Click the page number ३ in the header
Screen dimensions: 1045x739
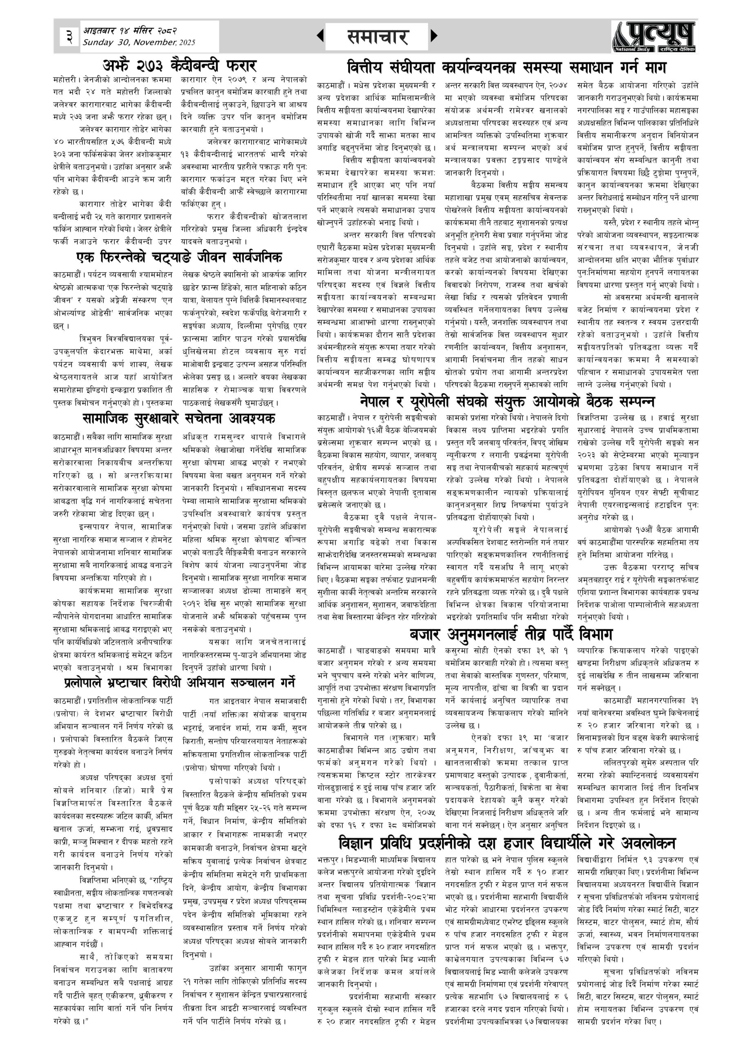(x=69, y=36)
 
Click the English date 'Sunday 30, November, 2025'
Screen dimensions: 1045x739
(x=138, y=42)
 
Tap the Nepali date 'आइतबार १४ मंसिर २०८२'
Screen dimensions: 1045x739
(x=130, y=31)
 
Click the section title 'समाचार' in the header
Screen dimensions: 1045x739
(x=377, y=37)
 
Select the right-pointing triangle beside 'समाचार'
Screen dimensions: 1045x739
(x=434, y=36)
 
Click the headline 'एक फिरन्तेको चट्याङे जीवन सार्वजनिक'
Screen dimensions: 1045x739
(x=179, y=257)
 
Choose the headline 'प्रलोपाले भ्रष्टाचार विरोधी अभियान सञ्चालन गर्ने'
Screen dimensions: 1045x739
(x=179, y=683)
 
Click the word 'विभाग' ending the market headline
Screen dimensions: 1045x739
(x=596, y=634)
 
